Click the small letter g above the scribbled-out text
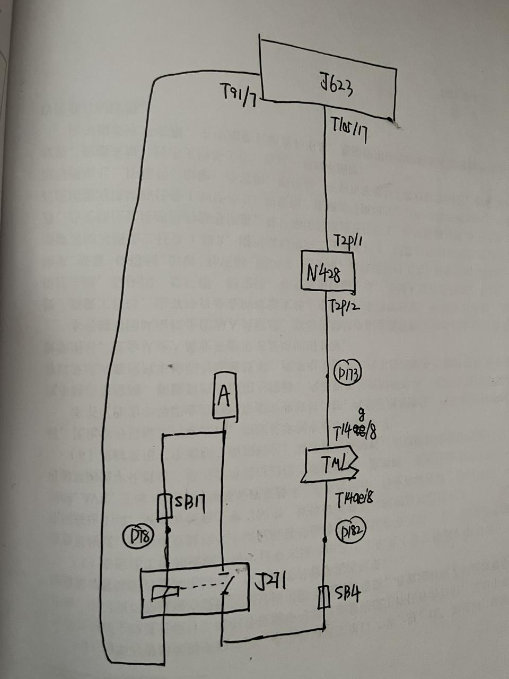point(361,412)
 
